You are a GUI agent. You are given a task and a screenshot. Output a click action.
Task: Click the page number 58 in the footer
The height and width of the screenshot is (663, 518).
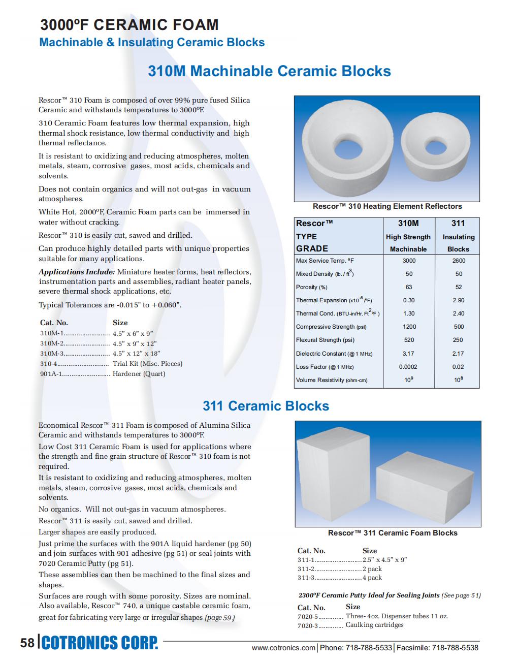click(27, 643)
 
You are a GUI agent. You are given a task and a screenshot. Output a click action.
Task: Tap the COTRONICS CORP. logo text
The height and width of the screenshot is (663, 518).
click(100, 643)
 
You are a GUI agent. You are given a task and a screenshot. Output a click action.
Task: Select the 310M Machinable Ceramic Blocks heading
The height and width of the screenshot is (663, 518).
click(269, 71)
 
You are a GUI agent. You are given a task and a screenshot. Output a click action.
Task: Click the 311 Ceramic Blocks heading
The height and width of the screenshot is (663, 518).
click(266, 406)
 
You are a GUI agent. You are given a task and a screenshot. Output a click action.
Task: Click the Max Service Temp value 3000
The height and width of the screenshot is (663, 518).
click(409, 261)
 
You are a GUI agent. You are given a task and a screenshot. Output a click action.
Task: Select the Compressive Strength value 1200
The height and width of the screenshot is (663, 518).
click(409, 327)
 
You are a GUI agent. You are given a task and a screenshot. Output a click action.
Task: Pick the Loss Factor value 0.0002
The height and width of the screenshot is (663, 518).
click(408, 367)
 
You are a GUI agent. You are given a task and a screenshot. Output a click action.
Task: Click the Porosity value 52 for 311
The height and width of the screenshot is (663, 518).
click(458, 287)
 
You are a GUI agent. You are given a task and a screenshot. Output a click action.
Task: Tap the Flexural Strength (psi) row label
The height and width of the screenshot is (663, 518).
click(325, 340)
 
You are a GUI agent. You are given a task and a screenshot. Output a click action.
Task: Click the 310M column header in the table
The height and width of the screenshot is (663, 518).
click(408, 223)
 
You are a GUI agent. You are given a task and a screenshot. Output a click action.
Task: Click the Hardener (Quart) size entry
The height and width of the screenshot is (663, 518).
click(139, 374)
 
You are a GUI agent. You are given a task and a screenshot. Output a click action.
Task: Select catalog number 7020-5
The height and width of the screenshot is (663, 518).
click(308, 617)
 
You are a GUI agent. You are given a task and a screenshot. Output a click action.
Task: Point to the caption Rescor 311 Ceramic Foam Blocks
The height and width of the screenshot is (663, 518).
click(392, 533)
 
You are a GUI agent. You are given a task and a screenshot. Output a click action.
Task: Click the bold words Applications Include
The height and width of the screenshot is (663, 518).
click(77, 272)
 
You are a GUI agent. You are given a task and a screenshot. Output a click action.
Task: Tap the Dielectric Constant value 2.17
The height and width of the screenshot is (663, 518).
click(458, 354)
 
